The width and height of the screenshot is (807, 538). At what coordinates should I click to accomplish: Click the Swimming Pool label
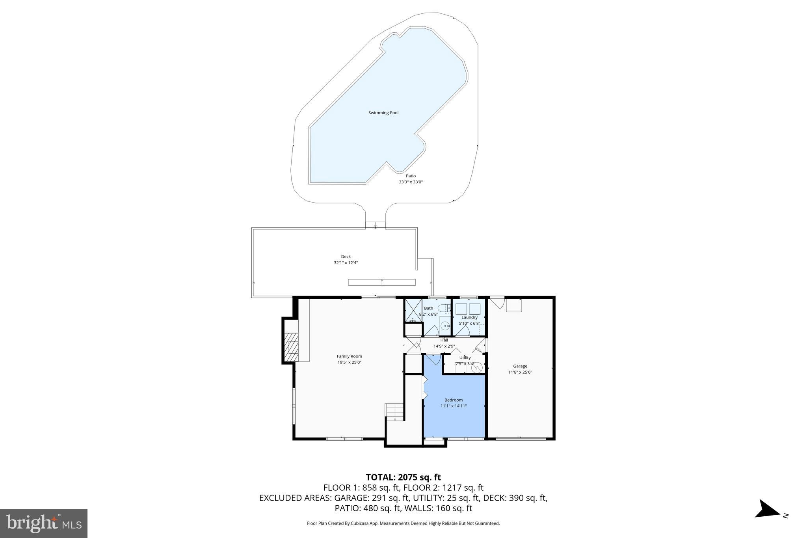click(x=383, y=113)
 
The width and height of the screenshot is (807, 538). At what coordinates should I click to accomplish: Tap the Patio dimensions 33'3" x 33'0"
click(x=411, y=182)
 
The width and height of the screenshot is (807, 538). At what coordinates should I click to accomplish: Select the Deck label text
click(x=346, y=257)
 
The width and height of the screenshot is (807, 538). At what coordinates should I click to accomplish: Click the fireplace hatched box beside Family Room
click(x=291, y=347)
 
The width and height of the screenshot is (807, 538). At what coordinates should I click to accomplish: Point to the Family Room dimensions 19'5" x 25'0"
click(x=349, y=362)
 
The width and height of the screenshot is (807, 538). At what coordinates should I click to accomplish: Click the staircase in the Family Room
click(x=395, y=412)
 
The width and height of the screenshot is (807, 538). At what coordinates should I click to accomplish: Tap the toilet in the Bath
click(x=443, y=307)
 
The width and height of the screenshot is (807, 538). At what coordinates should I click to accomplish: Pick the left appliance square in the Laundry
click(x=461, y=309)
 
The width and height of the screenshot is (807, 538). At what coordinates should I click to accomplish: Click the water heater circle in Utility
click(x=477, y=367)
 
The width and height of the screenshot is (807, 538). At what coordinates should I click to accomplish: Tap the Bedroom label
click(x=453, y=400)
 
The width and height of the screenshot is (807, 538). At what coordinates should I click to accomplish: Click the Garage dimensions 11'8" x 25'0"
click(x=520, y=372)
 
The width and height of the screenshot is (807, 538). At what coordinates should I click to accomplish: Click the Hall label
click(x=444, y=340)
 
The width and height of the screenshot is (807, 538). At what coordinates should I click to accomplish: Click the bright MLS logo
click(x=44, y=523)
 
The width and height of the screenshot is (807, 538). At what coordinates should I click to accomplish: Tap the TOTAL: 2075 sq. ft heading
click(x=403, y=477)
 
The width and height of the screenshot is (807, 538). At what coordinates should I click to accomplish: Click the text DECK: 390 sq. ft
click(x=515, y=498)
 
